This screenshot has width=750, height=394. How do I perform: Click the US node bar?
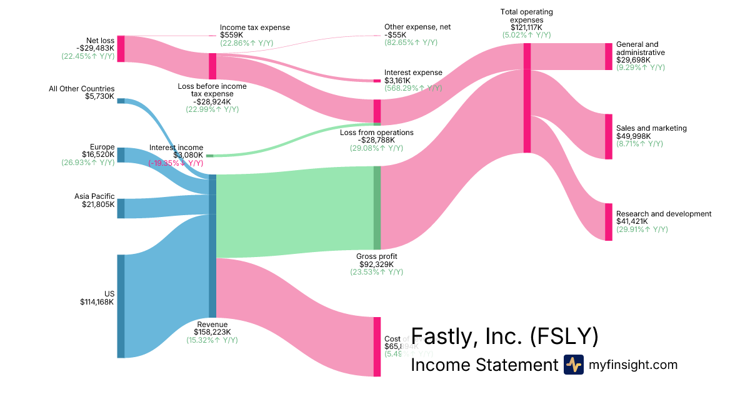point(121,306)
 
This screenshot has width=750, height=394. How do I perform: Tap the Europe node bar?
point(121,155)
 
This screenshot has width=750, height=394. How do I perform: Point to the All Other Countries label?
point(82,89)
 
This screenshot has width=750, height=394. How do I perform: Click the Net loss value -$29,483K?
point(96,48)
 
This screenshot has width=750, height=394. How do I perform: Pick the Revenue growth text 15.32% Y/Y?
point(212,340)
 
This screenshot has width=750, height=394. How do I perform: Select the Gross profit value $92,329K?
point(376,264)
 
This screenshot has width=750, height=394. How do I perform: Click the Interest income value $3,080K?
point(188,155)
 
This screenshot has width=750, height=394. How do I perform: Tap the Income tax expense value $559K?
point(231,35)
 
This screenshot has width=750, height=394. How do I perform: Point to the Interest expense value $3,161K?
point(398,81)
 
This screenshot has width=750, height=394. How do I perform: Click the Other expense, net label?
point(417,27)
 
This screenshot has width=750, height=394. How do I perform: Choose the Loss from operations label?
point(376,133)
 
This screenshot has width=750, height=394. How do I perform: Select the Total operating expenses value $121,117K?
point(527,28)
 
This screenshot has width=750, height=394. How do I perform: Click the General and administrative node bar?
point(608,56)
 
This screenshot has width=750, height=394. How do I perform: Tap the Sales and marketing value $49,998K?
point(633,136)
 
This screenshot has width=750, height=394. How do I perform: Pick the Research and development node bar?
point(608,221)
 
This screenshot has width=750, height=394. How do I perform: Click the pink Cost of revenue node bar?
point(377,346)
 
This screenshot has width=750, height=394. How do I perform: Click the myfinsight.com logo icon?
point(573,365)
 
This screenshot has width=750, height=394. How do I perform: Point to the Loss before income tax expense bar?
point(212,66)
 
